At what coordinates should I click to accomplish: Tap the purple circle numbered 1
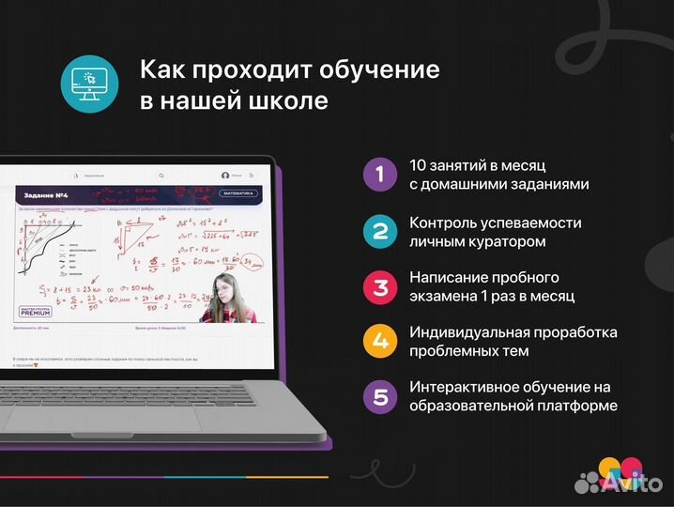(x=380, y=174)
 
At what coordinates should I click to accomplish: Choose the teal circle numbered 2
(x=380, y=230)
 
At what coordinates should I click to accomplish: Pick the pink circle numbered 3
(x=380, y=285)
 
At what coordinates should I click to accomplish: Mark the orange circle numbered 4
(x=380, y=341)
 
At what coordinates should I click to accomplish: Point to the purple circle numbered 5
(x=380, y=396)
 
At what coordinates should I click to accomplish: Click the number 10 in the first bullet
(x=419, y=165)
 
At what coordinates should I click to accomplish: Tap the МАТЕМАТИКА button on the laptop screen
(x=237, y=193)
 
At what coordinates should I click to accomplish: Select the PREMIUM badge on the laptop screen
(x=34, y=311)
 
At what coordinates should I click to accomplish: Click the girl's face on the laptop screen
(x=225, y=289)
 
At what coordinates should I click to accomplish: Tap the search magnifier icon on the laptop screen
(x=161, y=176)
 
